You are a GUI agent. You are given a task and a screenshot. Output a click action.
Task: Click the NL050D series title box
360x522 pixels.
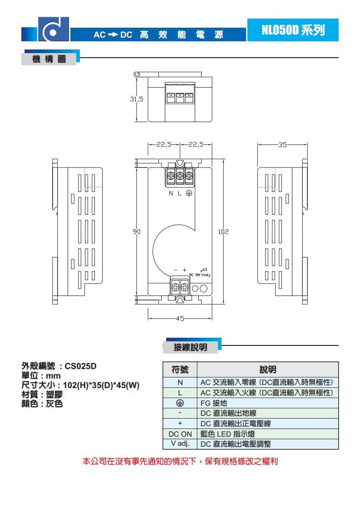[x=293, y=30]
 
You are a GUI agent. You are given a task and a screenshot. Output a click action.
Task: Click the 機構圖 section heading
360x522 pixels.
[x=49, y=60]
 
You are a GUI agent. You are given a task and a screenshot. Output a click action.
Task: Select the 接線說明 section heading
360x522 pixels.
[x=191, y=347]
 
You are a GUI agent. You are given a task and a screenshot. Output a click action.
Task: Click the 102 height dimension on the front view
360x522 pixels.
[x=223, y=231]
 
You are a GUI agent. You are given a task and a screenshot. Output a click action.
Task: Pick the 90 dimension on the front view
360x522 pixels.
[x=137, y=231]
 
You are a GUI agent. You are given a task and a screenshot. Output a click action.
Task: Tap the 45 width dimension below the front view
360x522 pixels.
[x=180, y=319]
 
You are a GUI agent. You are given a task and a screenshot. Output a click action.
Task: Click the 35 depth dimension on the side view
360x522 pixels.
[x=282, y=145]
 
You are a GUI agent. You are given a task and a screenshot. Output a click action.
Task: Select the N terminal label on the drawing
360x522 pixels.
[x=171, y=193]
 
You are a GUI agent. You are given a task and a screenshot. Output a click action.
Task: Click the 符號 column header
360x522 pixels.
[x=180, y=369]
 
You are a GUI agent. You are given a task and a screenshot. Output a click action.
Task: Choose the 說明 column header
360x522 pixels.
[x=268, y=369]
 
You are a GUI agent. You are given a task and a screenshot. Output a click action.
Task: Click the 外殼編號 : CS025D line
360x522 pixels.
[x=59, y=366]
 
